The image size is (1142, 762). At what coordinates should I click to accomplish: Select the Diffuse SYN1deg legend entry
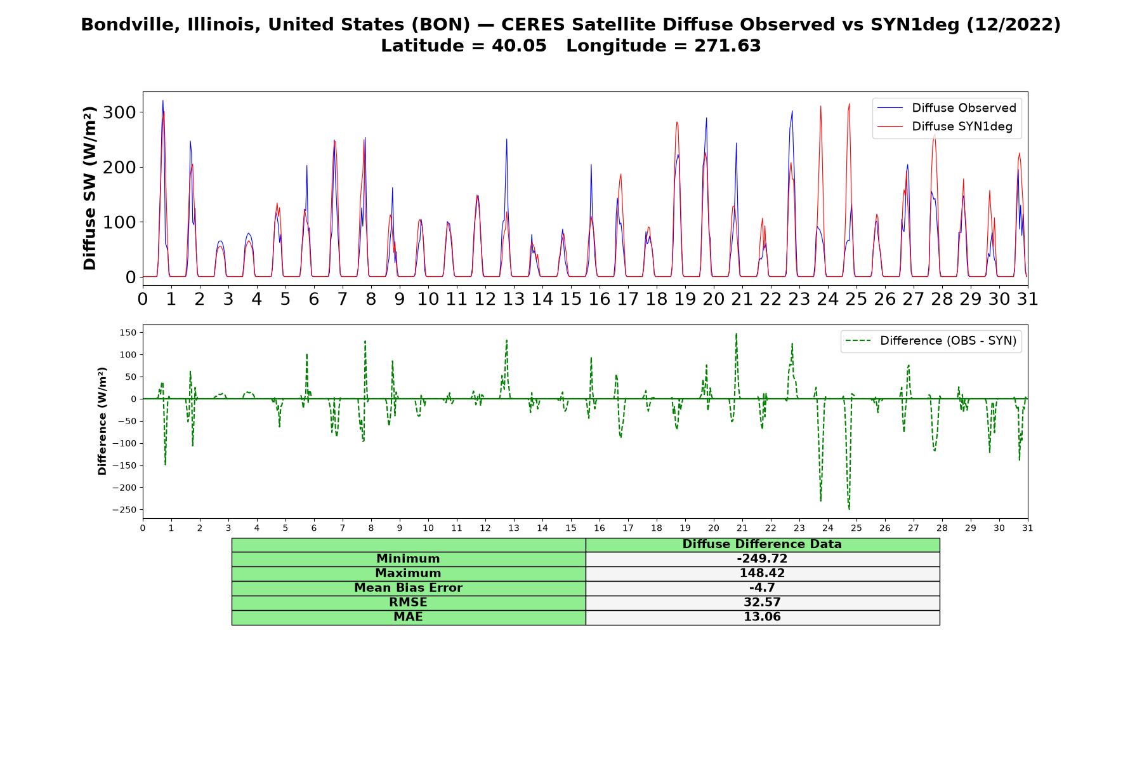tap(945, 126)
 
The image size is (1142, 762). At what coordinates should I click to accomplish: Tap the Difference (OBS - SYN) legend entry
tap(931, 341)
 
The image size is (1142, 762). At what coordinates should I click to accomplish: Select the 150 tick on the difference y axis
tap(129, 333)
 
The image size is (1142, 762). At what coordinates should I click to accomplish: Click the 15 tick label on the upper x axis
tap(570, 299)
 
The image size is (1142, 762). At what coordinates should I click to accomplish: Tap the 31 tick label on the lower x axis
tap(1028, 528)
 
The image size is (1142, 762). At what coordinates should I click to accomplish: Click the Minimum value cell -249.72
tap(762, 559)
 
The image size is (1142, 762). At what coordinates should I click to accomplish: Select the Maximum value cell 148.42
tap(762, 573)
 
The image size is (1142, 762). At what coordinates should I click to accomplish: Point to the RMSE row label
tap(408, 603)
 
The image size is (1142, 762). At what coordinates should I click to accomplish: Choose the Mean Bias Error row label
tap(408, 588)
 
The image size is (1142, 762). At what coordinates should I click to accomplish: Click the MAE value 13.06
tap(762, 617)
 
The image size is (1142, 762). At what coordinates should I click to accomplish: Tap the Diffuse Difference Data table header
tap(762, 544)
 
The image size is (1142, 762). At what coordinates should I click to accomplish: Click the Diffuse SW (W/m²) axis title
tap(90, 188)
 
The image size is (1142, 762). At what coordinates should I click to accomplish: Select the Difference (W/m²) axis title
tap(102, 421)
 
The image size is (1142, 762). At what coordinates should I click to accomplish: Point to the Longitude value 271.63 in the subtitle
tap(728, 46)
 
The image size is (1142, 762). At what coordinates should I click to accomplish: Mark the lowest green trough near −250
tap(849, 509)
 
